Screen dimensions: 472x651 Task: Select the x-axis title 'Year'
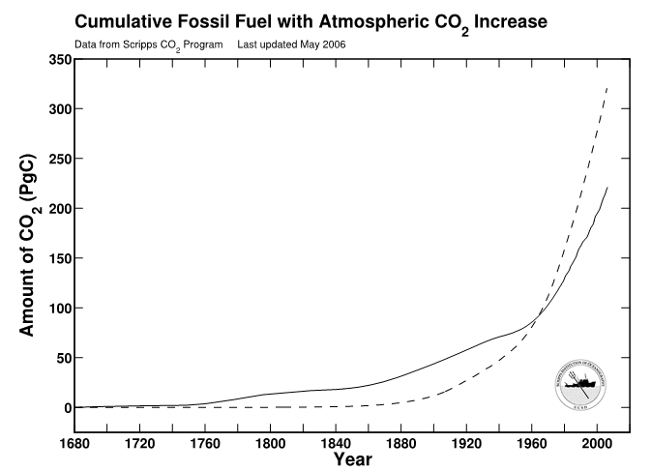pos(352,459)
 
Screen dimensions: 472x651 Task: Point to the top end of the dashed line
pos(607,87)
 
